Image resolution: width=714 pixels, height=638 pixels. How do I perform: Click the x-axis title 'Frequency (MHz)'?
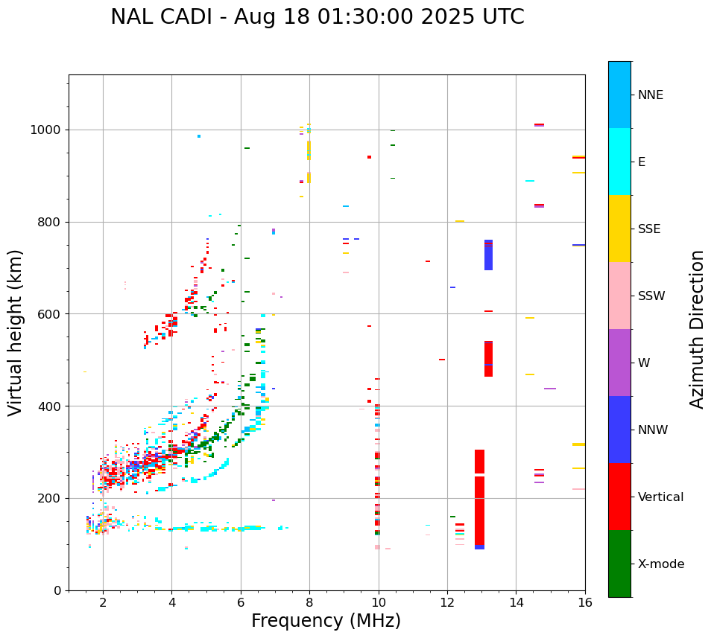(326, 621)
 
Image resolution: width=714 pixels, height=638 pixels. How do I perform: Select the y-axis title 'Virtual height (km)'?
(16, 332)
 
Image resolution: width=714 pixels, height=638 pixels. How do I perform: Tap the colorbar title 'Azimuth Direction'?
(697, 329)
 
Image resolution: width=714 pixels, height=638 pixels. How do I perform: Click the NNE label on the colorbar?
(650, 95)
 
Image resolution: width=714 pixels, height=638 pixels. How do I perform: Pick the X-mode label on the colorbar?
(660, 564)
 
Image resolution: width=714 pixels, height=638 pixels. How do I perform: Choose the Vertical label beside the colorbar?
(660, 497)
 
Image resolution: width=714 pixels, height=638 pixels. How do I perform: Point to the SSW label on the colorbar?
(651, 296)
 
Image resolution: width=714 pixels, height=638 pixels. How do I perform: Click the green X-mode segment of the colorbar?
(619, 564)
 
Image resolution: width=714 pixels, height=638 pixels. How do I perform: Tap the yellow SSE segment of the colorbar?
(619, 229)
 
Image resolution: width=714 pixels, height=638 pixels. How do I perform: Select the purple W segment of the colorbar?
(619, 363)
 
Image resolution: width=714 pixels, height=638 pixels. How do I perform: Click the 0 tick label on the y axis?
(58, 590)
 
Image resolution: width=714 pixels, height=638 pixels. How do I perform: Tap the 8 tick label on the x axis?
(309, 602)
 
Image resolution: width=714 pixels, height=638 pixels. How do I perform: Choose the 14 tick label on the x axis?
(516, 602)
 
